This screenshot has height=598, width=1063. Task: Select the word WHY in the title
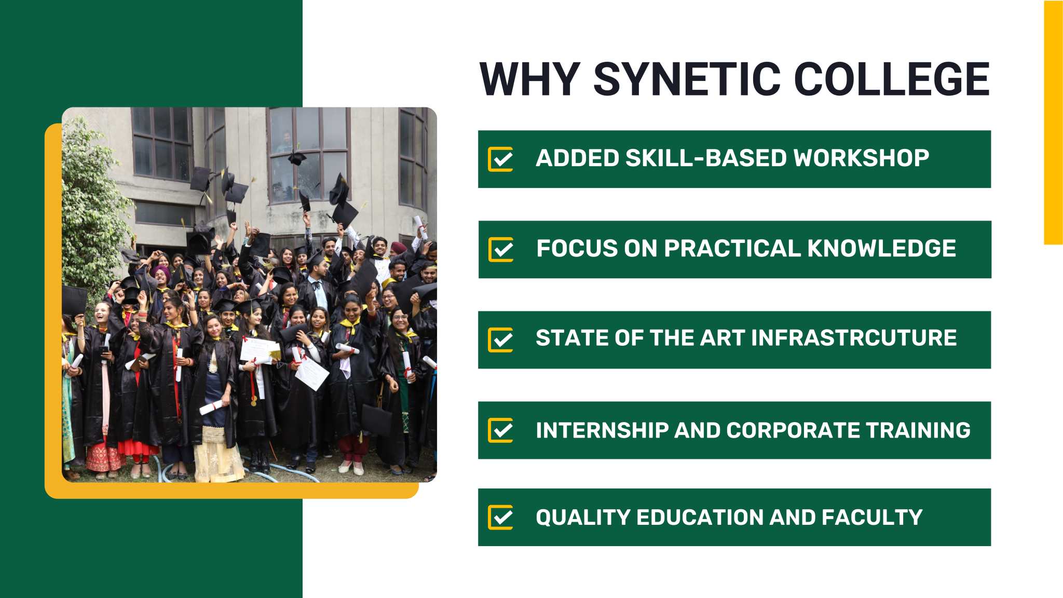click(529, 79)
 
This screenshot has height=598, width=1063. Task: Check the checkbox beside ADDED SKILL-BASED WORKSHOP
click(501, 159)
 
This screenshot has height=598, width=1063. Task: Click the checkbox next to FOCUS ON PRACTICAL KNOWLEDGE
click(501, 250)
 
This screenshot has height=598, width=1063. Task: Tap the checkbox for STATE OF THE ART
click(501, 340)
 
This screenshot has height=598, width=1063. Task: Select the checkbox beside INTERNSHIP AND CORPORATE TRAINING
click(501, 430)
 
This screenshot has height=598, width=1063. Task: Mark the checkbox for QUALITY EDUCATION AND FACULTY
click(501, 517)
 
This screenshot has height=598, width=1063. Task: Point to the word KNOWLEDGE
click(881, 249)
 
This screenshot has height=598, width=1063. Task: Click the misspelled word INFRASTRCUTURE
click(854, 338)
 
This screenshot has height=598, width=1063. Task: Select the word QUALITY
click(583, 518)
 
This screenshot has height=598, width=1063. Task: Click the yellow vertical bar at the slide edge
click(1053, 123)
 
